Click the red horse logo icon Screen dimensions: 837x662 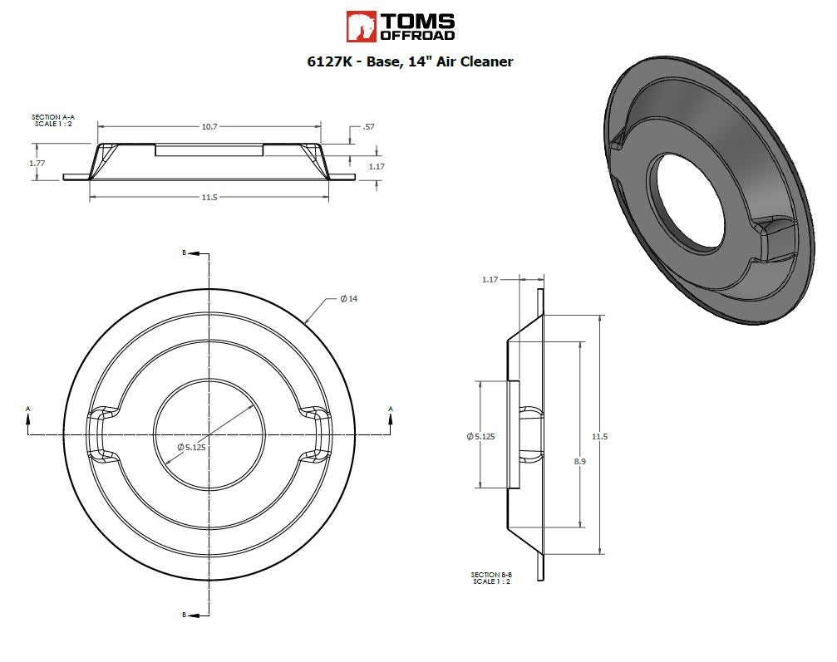(362, 27)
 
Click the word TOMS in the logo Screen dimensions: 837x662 (417, 22)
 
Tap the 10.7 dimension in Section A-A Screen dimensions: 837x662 (209, 127)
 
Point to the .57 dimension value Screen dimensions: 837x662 (368, 127)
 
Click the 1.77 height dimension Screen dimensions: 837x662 (37, 164)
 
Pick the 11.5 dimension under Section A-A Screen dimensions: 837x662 (209, 198)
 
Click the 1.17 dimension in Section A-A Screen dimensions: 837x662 (377, 166)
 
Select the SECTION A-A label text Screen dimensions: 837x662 (53, 117)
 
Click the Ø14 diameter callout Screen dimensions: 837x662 (349, 299)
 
